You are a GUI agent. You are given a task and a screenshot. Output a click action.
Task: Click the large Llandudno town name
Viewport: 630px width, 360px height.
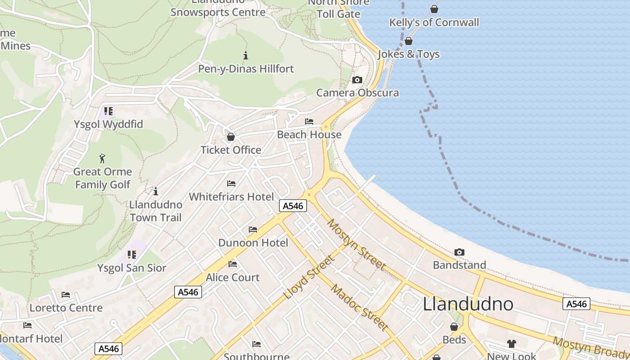(x=468, y=305)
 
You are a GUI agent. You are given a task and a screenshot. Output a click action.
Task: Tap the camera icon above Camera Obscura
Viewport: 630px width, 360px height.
(x=357, y=80)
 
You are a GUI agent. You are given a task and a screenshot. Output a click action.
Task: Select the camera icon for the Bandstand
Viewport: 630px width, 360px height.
(x=459, y=252)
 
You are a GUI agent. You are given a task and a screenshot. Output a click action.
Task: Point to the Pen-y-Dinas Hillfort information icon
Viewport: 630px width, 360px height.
(x=246, y=56)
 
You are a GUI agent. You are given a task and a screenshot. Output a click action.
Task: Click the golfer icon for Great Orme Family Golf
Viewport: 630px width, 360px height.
(x=103, y=158)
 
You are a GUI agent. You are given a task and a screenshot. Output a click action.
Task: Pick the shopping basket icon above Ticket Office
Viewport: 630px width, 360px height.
(x=231, y=137)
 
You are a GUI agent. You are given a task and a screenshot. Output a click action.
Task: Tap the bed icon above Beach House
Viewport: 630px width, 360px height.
(x=309, y=121)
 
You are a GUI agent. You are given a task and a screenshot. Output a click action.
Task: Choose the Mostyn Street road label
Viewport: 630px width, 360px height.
(x=356, y=244)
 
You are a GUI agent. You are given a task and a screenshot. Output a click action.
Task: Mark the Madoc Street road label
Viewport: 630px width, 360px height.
(x=360, y=307)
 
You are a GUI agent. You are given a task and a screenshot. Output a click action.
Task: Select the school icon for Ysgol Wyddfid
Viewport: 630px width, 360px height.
(x=108, y=111)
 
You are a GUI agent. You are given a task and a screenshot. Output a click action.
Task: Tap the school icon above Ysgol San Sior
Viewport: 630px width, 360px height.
(x=132, y=255)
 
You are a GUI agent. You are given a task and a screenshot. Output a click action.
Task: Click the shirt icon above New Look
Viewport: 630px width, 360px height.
(x=512, y=344)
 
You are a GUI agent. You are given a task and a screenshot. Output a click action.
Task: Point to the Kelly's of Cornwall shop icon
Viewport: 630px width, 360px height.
(x=434, y=9)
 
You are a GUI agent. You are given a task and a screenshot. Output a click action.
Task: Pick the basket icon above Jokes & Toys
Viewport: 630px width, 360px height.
(x=409, y=41)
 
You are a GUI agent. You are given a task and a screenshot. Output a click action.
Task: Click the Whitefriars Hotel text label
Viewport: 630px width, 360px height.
(x=231, y=197)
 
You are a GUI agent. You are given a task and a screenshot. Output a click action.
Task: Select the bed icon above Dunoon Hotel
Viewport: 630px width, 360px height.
(x=253, y=229)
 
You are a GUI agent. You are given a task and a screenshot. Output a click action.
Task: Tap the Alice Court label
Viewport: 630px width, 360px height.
(x=233, y=277)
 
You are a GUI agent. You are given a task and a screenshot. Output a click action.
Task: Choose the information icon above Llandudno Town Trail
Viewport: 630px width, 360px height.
(x=156, y=191)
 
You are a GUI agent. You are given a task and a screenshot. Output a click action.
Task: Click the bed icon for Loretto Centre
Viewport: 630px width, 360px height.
(x=66, y=295)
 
